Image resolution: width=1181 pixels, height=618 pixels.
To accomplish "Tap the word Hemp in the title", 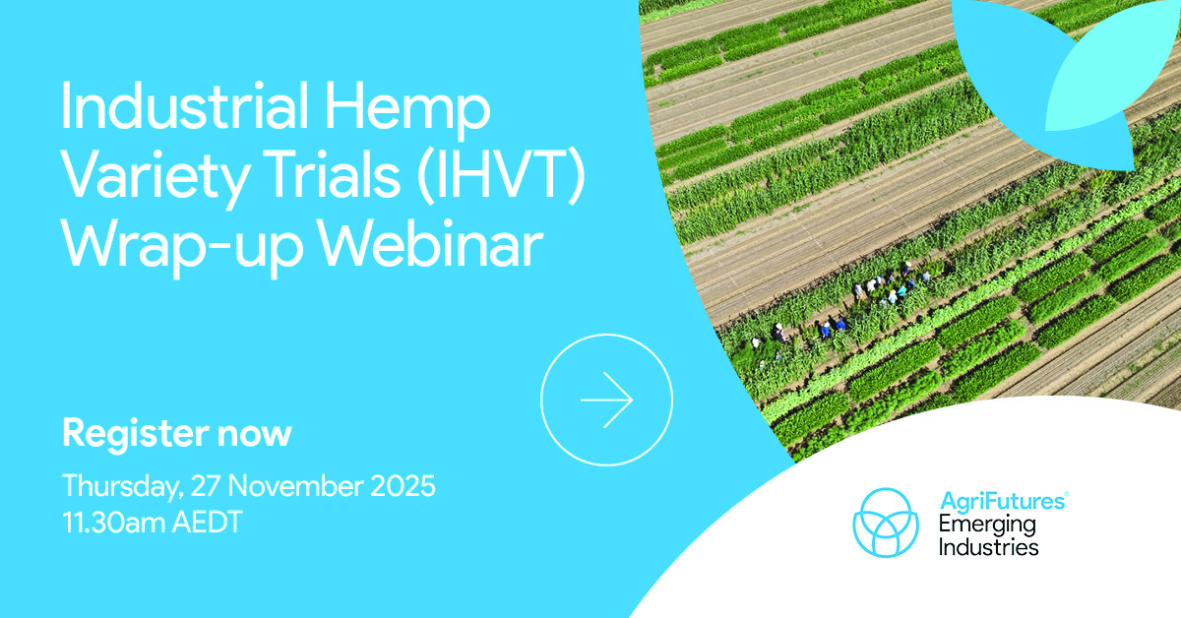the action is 407,111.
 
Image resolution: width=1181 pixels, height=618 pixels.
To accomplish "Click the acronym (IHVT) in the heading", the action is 501,176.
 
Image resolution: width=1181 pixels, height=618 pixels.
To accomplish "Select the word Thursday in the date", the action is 123,487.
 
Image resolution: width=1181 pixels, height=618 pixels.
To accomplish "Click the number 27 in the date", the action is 205,486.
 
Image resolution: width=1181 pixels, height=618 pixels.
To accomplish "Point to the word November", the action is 296,486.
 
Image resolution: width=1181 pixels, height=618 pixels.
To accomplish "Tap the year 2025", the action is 403,486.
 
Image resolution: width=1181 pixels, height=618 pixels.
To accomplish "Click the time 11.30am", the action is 114,523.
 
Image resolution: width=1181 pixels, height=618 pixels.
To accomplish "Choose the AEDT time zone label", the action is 208,523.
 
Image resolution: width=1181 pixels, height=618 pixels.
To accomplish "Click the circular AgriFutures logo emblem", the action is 886,523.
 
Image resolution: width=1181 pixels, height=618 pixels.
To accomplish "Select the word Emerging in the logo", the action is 987,525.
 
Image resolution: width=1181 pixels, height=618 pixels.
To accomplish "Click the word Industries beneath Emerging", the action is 988,547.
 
